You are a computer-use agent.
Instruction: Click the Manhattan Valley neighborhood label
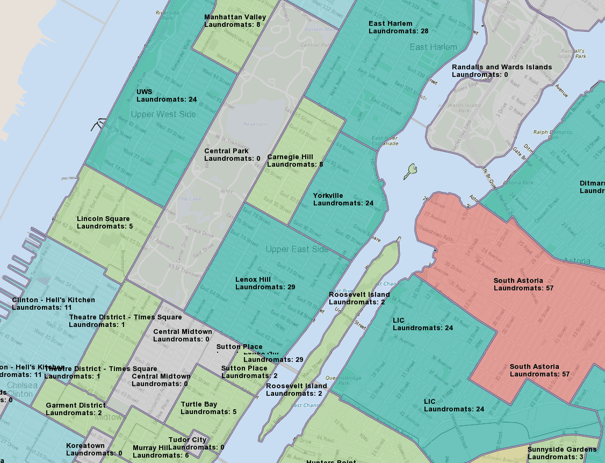coord(235,17)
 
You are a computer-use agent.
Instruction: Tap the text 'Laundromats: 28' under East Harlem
coord(398,31)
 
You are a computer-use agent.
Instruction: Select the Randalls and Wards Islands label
coord(501,67)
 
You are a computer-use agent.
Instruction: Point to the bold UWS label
coord(144,92)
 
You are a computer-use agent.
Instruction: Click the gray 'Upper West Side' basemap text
coord(163,114)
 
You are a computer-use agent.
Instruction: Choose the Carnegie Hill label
coord(290,157)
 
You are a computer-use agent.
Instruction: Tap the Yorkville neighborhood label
coord(328,196)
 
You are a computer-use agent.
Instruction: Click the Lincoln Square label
coord(103,219)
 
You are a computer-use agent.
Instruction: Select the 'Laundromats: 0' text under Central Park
coord(232,159)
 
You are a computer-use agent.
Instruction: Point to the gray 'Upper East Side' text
coord(297,250)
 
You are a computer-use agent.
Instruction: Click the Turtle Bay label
coord(199,404)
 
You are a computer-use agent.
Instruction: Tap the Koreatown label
coord(85,446)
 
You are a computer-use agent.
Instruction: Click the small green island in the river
coord(412,171)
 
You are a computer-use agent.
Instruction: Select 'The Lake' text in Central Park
coord(190,199)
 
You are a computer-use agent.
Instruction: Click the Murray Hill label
coord(150,448)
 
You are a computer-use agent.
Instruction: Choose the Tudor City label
coord(188,440)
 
